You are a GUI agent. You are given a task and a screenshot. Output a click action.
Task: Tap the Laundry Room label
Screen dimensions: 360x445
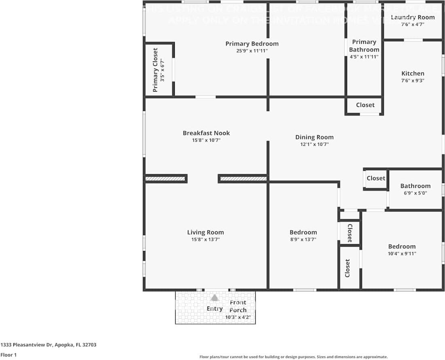pyautogui.click(x=412, y=17)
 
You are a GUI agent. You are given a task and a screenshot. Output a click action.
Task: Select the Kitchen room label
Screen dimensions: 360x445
pyautogui.click(x=413, y=73)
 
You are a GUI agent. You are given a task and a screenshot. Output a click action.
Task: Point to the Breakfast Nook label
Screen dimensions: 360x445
pyautogui.click(x=206, y=133)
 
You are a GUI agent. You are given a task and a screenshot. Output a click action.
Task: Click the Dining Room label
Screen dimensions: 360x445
pyautogui.click(x=314, y=137)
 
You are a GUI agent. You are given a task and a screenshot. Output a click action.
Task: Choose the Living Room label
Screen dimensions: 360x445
pyautogui.click(x=206, y=232)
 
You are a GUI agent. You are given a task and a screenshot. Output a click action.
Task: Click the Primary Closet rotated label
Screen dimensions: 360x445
pyautogui.click(x=155, y=70)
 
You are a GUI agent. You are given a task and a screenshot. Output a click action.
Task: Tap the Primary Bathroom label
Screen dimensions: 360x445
pyautogui.click(x=364, y=46)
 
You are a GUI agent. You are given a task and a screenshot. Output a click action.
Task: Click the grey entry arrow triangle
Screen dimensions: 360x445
pyautogui.click(x=214, y=298)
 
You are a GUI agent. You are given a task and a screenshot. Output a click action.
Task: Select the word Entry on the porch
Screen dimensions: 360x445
pyautogui.click(x=214, y=309)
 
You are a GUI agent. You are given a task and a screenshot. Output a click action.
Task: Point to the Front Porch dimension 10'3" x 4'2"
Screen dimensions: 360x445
pyautogui.click(x=241, y=317)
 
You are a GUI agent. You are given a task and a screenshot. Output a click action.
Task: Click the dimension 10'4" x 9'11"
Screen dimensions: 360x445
pyautogui.click(x=402, y=253)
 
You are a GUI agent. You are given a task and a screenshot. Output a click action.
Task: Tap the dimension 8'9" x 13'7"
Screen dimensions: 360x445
pyautogui.click(x=303, y=239)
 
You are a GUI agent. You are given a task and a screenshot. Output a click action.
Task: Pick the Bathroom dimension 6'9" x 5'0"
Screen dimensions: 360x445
pyautogui.click(x=415, y=193)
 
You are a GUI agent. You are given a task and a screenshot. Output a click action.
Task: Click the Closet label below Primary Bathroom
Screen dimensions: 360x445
pyautogui.click(x=365, y=105)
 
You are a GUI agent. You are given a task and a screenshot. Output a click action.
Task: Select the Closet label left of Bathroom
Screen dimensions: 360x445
pyautogui.click(x=376, y=178)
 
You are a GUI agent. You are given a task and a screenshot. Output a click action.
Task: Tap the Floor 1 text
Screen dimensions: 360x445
pyautogui.click(x=8, y=355)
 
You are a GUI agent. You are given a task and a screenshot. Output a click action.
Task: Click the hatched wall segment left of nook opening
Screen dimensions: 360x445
pyautogui.click(x=165, y=178)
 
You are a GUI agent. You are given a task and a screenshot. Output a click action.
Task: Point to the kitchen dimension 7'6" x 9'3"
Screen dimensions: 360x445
pyautogui.click(x=413, y=80)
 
